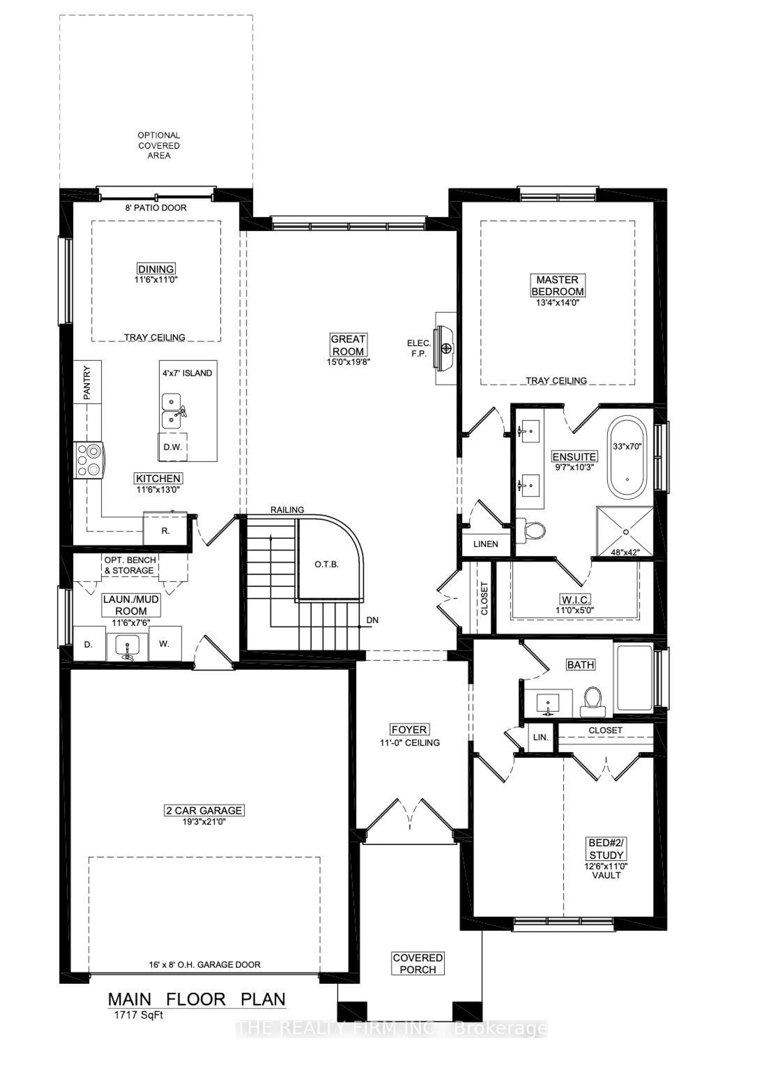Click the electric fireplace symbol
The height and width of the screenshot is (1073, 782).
pos(445,348)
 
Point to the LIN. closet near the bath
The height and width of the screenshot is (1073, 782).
pos(540,737)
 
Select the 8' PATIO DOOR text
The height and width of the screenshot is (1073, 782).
pos(156,208)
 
